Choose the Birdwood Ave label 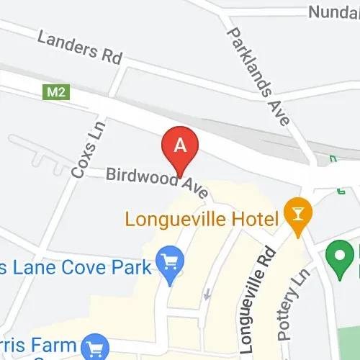[x=157, y=182]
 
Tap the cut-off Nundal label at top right [x=333, y=12]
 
